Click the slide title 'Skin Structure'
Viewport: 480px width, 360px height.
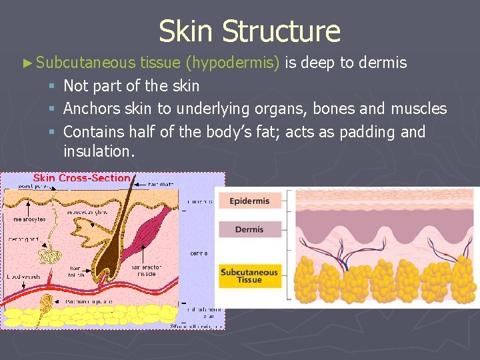[249, 31]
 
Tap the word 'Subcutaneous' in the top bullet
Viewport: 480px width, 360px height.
[86, 63]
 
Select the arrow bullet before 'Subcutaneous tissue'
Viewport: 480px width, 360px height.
[27, 63]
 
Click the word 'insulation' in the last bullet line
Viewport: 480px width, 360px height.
[97, 151]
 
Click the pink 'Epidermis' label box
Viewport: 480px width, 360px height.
[250, 201]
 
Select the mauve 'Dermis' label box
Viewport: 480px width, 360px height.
[250, 229]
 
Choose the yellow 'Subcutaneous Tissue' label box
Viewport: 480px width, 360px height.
[250, 276]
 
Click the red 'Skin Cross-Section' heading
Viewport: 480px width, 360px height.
[81, 178]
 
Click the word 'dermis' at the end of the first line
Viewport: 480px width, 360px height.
[383, 63]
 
